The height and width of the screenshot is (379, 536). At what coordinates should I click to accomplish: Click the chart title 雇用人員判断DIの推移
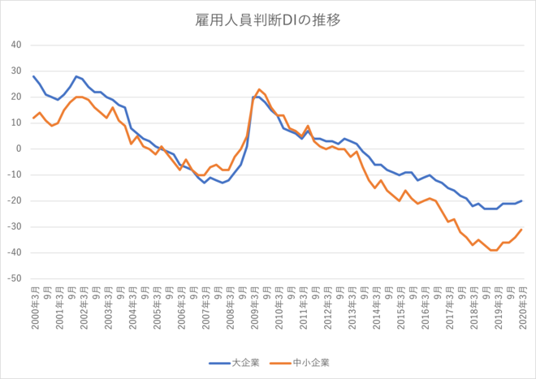coord(267,19)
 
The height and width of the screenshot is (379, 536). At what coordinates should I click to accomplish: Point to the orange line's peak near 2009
coord(259,89)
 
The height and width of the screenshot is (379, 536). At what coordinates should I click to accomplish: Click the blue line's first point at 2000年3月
coord(33,76)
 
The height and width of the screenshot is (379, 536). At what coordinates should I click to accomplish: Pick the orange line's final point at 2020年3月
coord(521,229)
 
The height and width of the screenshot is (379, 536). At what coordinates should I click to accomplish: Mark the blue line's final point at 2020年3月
coord(521,200)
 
